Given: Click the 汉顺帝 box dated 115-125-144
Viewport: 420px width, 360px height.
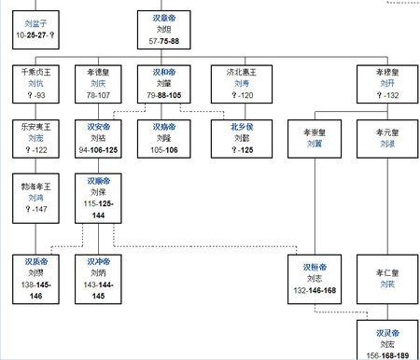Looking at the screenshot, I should pyautogui.click(x=102, y=195).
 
